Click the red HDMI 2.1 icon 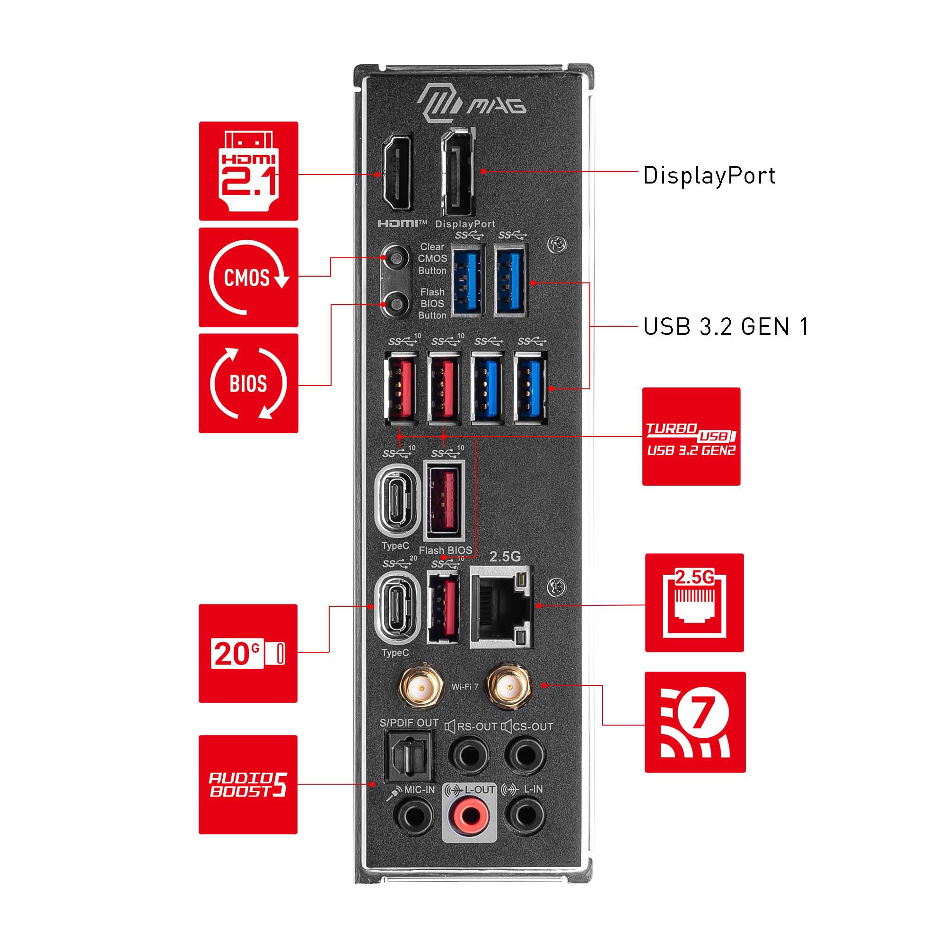click(248, 171)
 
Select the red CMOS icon click(248, 277)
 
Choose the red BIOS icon click(248, 384)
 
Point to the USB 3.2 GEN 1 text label click(726, 326)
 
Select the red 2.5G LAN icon click(694, 603)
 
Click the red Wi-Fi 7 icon click(695, 722)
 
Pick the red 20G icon click(248, 653)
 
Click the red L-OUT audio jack click(470, 815)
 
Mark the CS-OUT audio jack click(525, 755)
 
